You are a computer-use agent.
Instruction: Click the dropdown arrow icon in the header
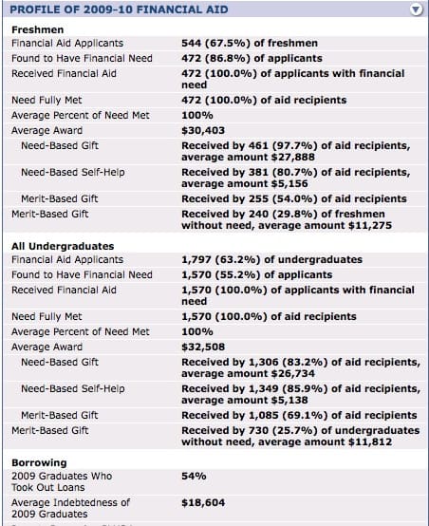[x=416, y=9]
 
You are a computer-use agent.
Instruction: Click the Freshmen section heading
[x=38, y=29]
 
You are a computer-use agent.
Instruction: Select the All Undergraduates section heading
[x=63, y=246]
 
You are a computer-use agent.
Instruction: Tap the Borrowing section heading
[x=39, y=462]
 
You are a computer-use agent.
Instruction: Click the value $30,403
[x=203, y=130]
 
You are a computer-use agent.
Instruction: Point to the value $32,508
[x=203, y=347]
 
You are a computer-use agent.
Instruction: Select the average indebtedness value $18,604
[x=203, y=502]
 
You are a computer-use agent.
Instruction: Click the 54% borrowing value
[x=194, y=476]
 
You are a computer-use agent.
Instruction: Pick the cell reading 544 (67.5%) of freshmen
[x=250, y=44]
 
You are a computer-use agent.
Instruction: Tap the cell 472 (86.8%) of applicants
[x=252, y=58]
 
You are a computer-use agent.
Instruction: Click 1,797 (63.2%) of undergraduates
[x=271, y=259]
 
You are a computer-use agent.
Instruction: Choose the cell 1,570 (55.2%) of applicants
[x=257, y=274]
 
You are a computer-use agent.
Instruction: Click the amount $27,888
[x=293, y=157]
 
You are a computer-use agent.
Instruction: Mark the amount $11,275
[x=370, y=225]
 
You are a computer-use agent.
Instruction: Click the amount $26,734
[x=293, y=373]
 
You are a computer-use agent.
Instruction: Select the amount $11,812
[x=370, y=441]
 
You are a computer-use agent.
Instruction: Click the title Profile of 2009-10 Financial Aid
[x=119, y=9]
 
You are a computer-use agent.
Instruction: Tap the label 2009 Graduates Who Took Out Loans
[x=62, y=481]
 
